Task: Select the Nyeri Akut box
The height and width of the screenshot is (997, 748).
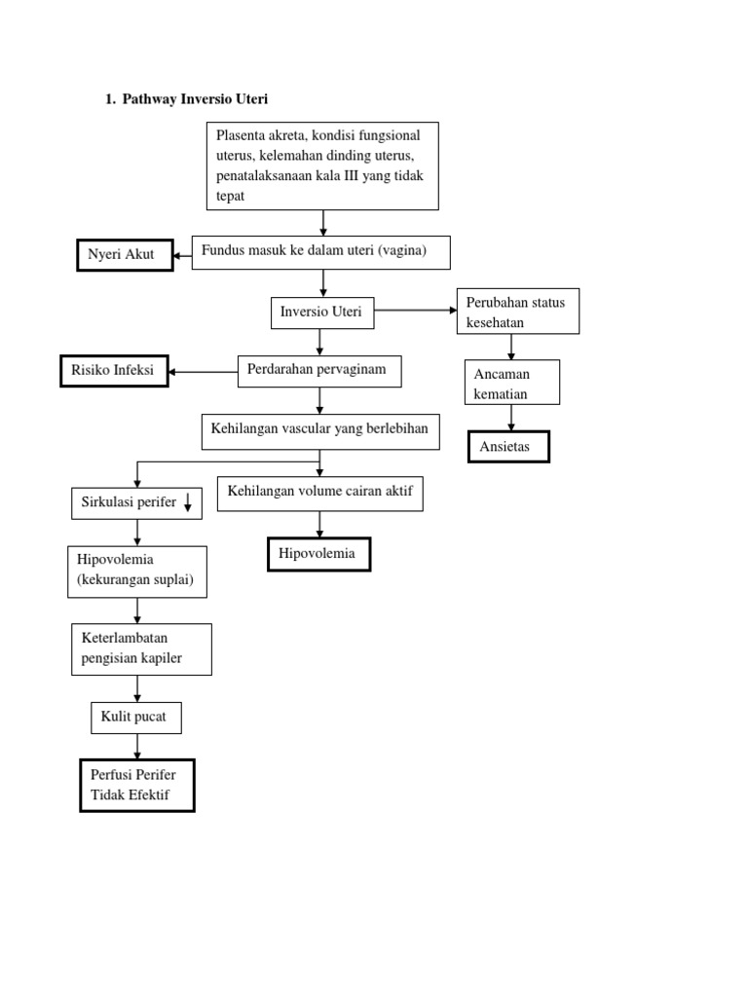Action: (125, 255)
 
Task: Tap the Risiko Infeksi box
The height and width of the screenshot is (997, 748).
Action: (114, 371)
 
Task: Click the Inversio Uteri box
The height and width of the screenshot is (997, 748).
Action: (321, 313)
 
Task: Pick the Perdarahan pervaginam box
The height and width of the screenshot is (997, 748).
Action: (319, 371)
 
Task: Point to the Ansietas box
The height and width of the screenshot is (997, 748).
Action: (508, 447)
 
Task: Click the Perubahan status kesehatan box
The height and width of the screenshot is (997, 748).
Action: (517, 312)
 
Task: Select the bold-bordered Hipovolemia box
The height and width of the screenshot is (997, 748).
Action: (318, 554)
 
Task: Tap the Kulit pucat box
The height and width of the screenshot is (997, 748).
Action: (135, 718)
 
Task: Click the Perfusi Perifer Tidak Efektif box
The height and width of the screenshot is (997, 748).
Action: (137, 786)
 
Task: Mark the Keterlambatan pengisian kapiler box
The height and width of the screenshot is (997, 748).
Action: (141, 649)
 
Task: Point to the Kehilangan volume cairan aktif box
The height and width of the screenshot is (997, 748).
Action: (320, 493)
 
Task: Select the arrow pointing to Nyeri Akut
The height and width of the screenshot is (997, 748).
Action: (182, 256)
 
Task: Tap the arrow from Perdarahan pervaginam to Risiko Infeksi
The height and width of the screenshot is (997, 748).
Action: (203, 372)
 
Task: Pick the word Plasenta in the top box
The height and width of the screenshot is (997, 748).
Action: (241, 135)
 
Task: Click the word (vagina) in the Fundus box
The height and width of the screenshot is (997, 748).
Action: (402, 251)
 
